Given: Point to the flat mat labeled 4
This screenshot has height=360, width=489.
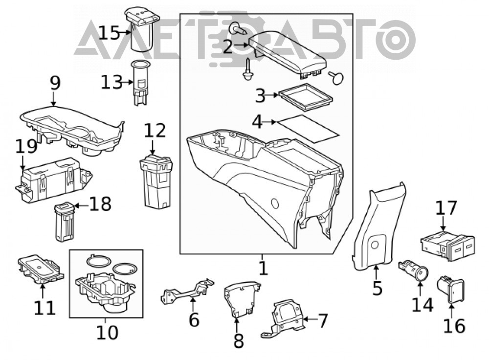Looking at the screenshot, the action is (x=308, y=129).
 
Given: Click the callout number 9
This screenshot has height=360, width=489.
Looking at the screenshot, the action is (x=55, y=83).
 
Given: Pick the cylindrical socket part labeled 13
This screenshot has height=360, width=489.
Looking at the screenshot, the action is (x=139, y=82).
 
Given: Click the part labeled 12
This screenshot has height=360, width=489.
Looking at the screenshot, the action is (x=156, y=181).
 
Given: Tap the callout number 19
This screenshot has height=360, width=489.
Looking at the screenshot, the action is (x=26, y=147).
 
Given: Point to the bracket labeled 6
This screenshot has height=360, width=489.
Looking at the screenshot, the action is (x=187, y=292).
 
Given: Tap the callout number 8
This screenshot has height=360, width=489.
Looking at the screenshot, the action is (x=239, y=340).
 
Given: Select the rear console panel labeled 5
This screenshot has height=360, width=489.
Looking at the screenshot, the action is (x=378, y=228).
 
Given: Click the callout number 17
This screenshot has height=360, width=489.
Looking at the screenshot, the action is (x=446, y=208).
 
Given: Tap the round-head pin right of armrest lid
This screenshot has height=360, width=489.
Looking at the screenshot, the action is (x=336, y=77).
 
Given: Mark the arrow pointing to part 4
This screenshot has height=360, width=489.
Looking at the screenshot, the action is (x=270, y=122).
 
